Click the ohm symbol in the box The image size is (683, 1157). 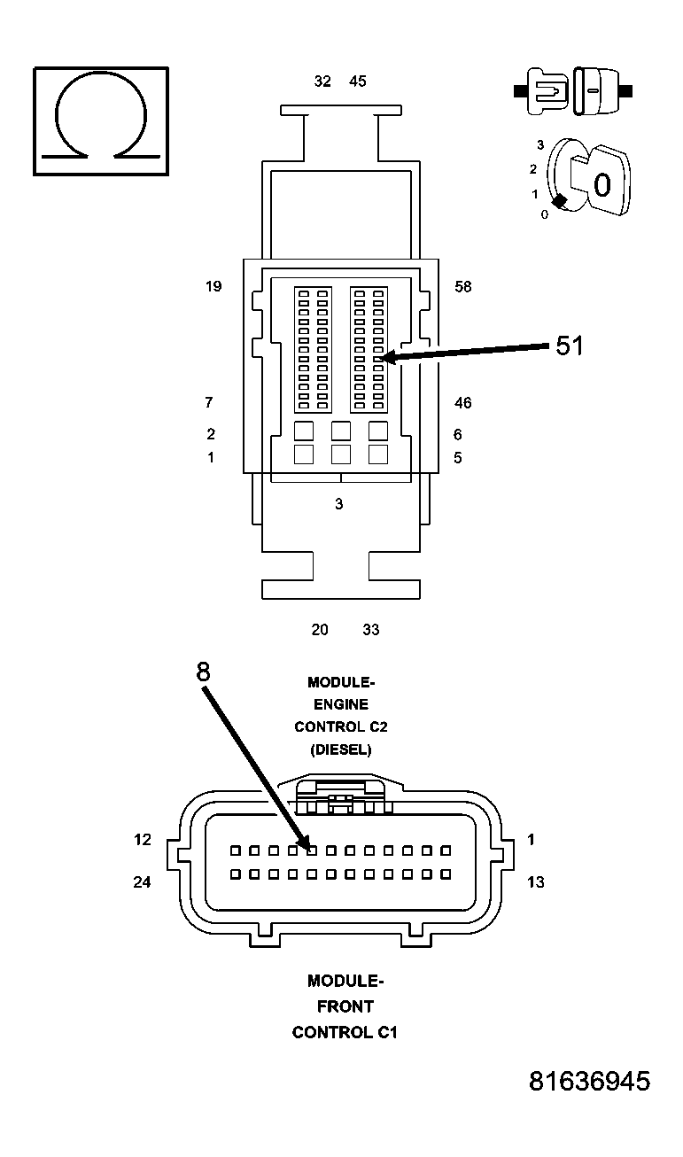[x=100, y=120]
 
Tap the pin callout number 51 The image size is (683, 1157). [x=570, y=346]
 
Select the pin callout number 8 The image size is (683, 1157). [x=204, y=672]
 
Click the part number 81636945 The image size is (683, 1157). [x=589, y=1081]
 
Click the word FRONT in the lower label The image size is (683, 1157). [x=345, y=1006]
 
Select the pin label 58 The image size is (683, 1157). [x=462, y=287]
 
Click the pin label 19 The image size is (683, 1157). [x=213, y=286]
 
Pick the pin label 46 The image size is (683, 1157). [x=462, y=403]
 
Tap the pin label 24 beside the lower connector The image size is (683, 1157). [x=143, y=881]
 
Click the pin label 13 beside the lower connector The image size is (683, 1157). [x=535, y=881]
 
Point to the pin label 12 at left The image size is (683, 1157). [x=143, y=839]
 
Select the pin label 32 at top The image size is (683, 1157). [x=322, y=82]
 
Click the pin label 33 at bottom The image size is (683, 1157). [x=371, y=630]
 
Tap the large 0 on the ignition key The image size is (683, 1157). [x=602, y=186]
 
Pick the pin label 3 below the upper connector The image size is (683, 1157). [x=338, y=504]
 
